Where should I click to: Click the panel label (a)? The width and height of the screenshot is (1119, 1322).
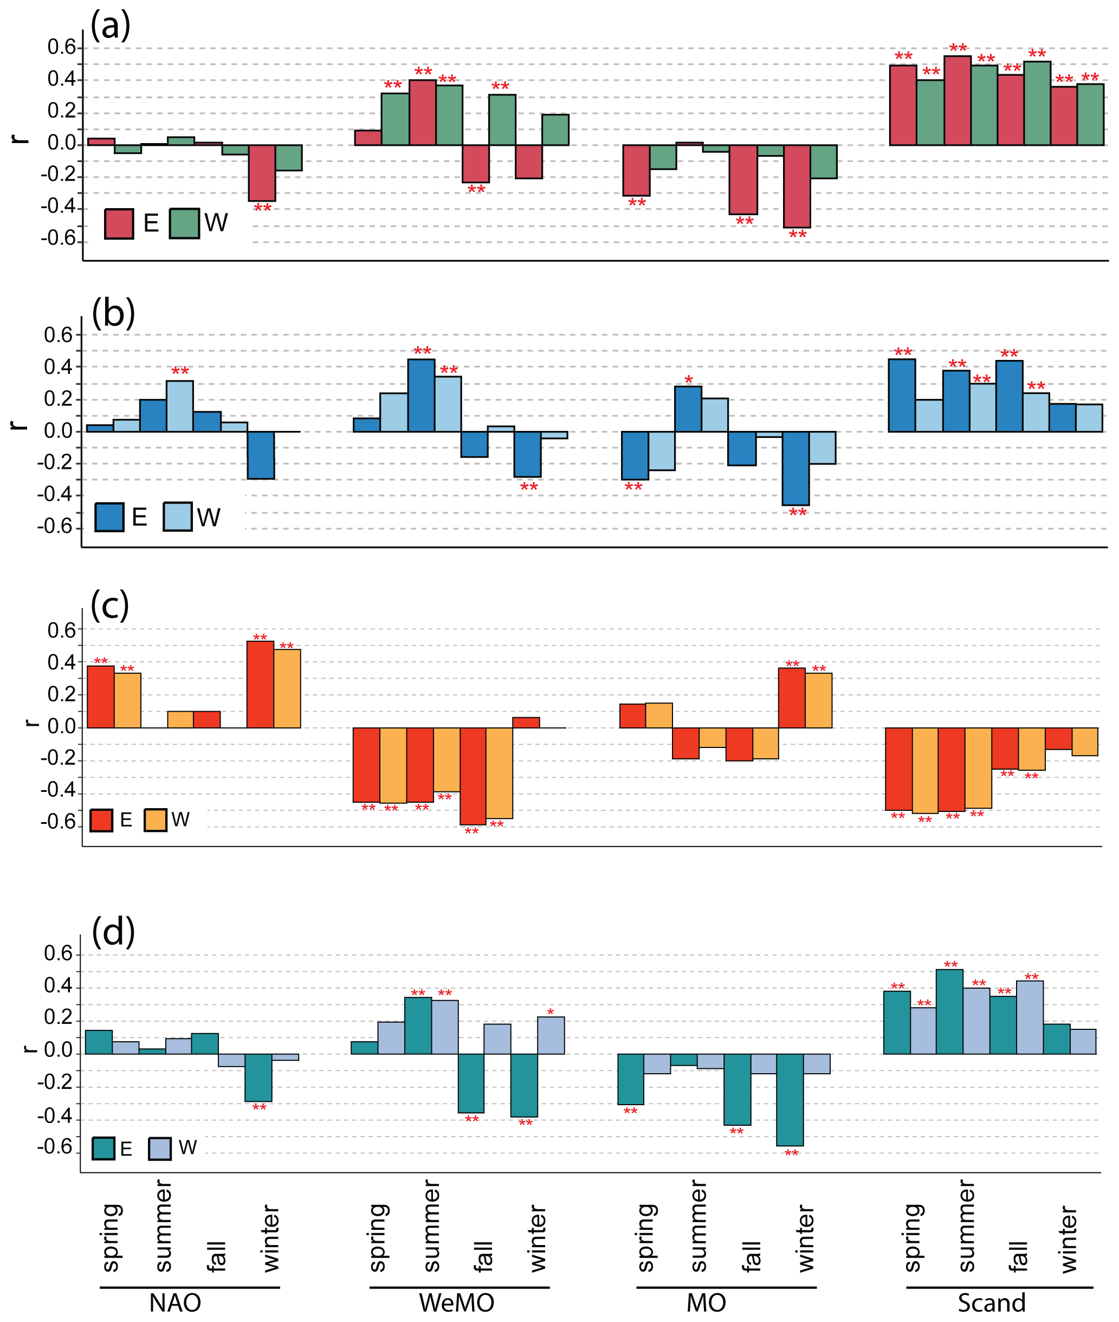point(111,27)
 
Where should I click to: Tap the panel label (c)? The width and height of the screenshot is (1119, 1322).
point(110,605)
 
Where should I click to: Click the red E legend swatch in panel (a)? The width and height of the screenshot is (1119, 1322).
point(119,224)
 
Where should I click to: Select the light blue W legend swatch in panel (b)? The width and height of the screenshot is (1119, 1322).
point(178,517)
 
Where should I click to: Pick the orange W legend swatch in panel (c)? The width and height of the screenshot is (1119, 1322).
point(156,820)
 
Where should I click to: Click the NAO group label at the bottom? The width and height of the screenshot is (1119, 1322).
point(175,1303)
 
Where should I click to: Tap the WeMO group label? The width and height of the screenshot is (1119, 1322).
point(456,1303)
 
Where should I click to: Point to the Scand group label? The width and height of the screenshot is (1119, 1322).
point(991,1303)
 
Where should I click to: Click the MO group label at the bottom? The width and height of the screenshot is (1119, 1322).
point(706,1303)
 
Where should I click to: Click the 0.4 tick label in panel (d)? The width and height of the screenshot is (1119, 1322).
point(59,985)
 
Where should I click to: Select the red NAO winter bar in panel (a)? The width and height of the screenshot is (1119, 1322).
point(261,172)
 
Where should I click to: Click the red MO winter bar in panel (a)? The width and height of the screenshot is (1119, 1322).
point(797,186)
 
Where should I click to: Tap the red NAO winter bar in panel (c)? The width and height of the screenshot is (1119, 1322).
point(260,684)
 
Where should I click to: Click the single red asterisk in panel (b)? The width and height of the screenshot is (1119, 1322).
point(688,380)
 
